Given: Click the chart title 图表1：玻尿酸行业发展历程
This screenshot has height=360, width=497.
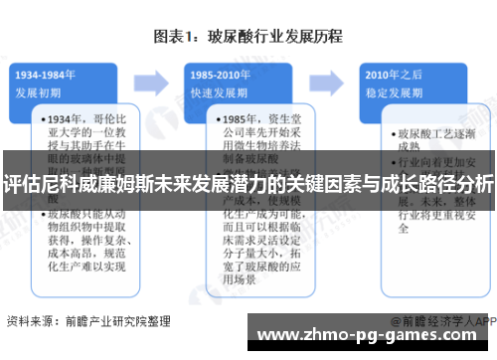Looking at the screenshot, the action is tap(248, 37).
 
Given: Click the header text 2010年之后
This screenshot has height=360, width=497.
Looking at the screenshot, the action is tap(391, 74).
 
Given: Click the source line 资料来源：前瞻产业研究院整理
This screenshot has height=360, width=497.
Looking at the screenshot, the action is tap(88, 321).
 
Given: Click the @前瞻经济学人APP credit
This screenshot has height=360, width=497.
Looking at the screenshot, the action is tap(442, 321).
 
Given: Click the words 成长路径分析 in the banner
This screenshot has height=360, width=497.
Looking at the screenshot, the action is tap(441, 184).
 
